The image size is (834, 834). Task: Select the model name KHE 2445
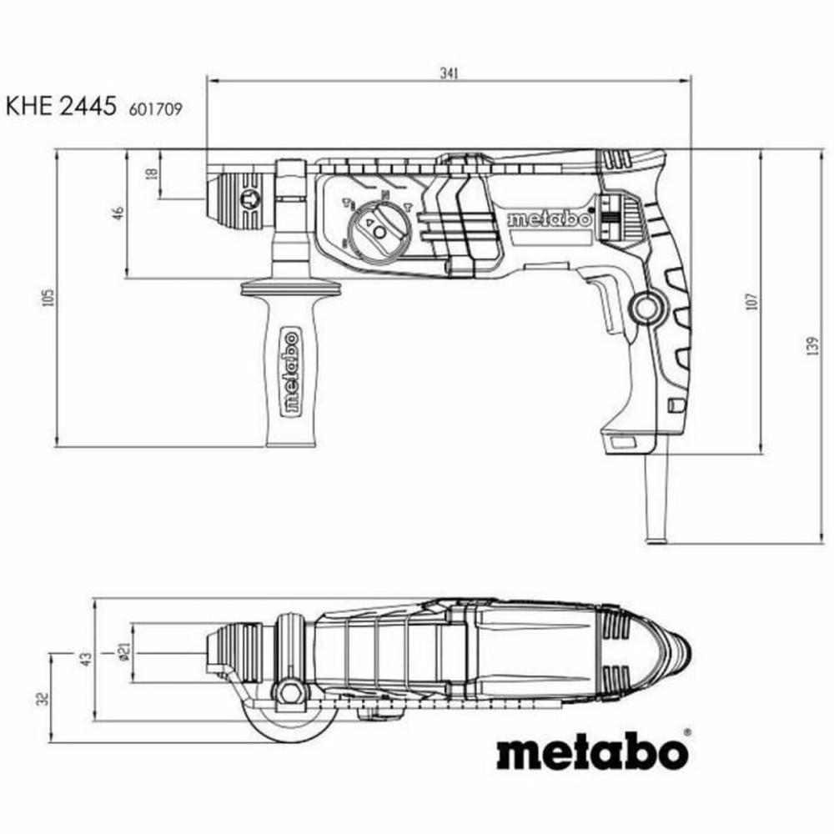pos(60,106)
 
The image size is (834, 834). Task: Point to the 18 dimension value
pos(151,173)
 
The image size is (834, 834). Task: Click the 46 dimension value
pos(119,214)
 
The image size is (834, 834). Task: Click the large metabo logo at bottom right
pos(593,753)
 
